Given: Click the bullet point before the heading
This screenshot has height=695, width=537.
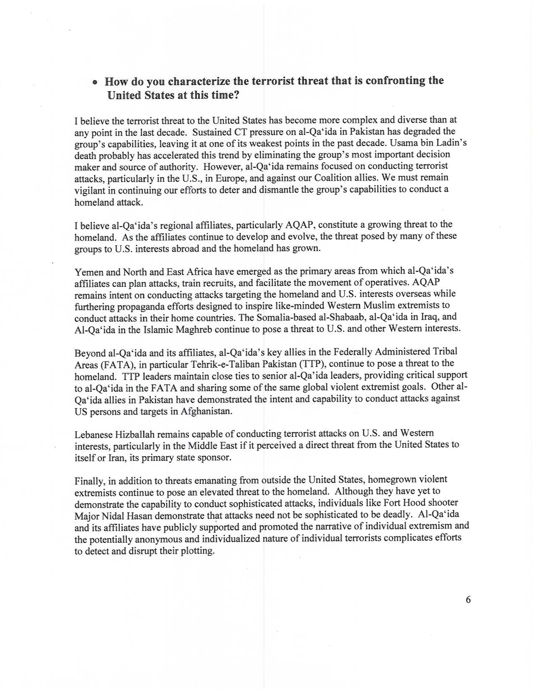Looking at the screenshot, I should pyautogui.click(x=95, y=82).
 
